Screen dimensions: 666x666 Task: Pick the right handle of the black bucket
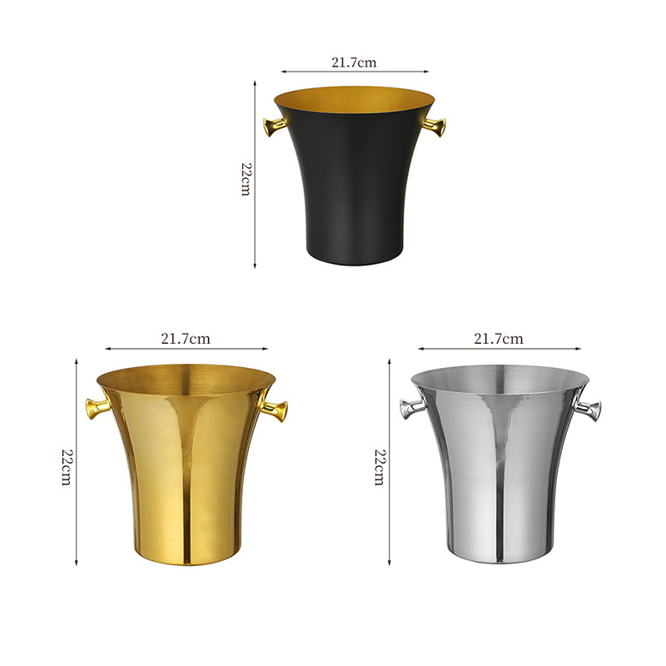[435, 127]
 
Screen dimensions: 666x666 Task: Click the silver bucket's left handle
[411, 408]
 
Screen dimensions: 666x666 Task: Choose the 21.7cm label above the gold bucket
[185, 339]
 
